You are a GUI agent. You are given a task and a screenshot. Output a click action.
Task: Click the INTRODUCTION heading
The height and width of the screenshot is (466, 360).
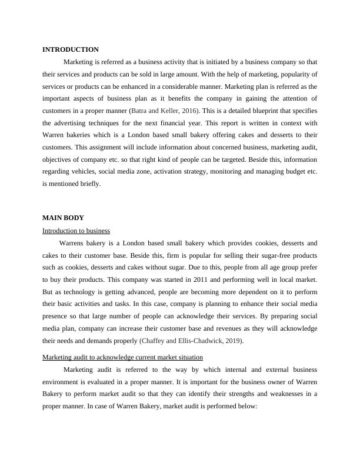pyautogui.click(x=71, y=49)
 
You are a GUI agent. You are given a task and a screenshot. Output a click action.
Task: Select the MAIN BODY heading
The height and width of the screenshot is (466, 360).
pyautogui.click(x=63, y=218)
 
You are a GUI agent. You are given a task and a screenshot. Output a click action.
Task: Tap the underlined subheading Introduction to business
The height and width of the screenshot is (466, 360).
pyautogui.click(x=76, y=231)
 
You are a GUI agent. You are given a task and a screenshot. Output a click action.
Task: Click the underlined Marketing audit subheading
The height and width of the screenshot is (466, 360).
pyautogui.click(x=123, y=357)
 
